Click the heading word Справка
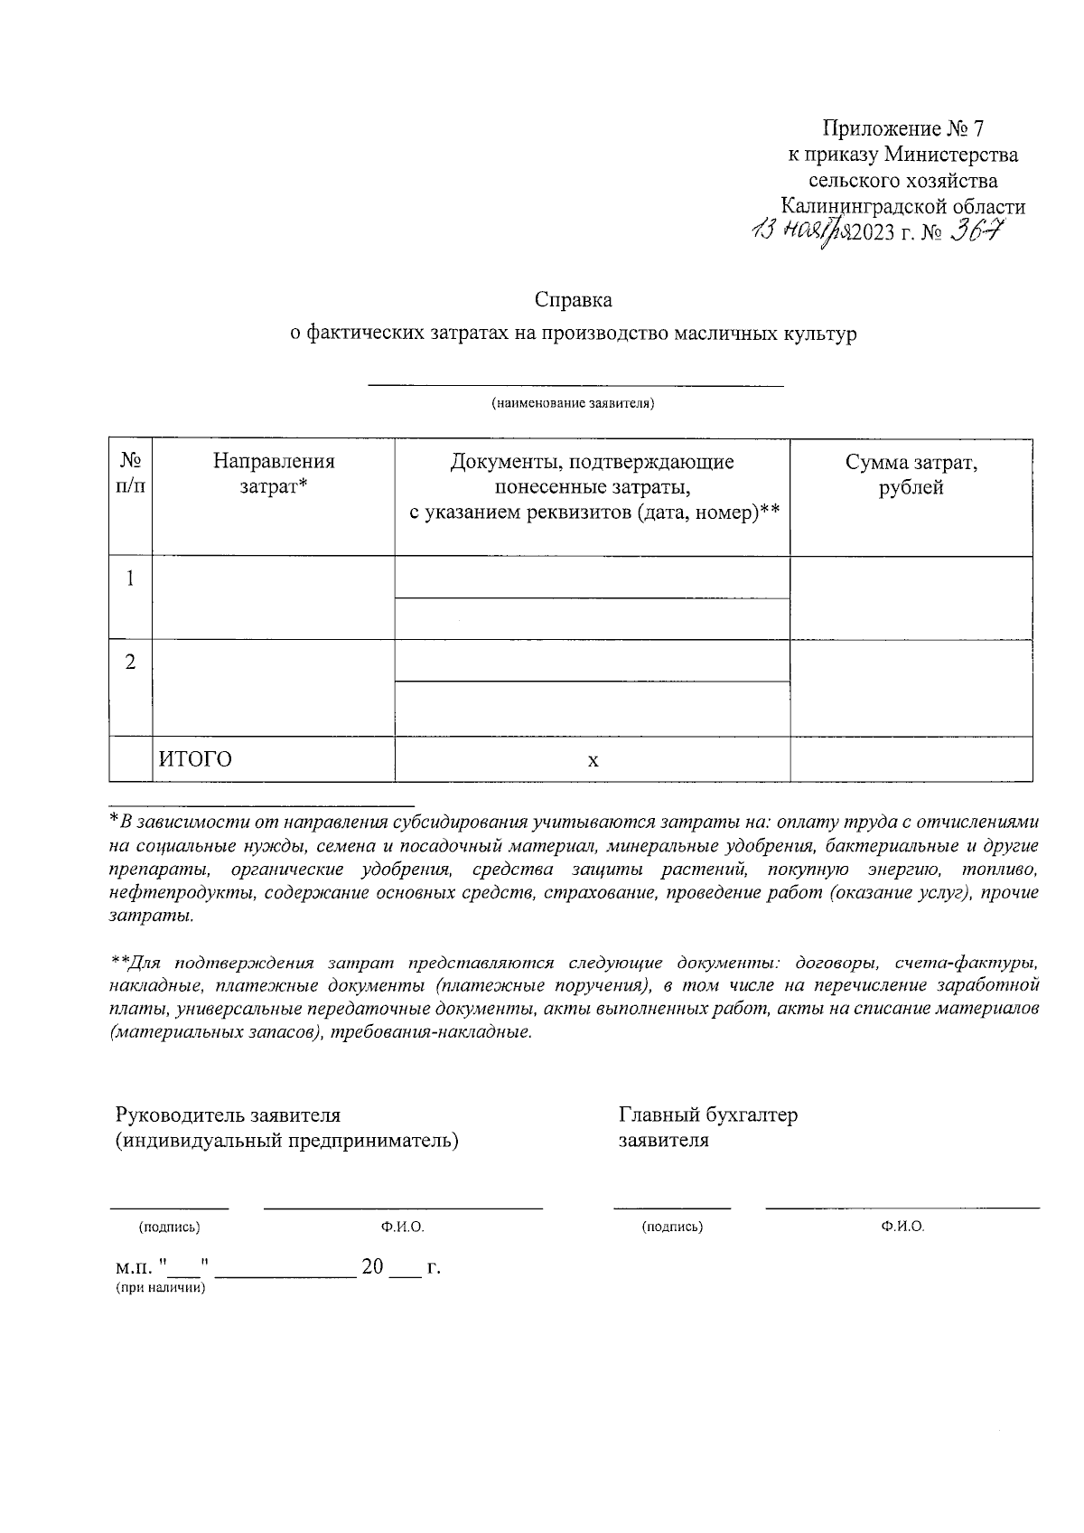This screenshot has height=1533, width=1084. pos(573,299)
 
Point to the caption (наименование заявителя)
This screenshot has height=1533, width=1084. pos(573,403)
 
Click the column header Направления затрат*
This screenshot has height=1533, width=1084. pos(274,475)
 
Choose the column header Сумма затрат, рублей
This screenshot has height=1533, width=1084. pos(911,475)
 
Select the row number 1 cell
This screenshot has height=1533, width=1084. pos(131,578)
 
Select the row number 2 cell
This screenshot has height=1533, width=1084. pos(131,662)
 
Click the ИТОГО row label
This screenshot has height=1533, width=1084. pos(196,759)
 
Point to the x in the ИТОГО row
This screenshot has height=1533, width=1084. pos(593,761)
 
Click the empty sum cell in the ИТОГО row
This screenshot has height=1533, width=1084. pos(911,759)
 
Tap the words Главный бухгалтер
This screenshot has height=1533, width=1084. pos(707,1114)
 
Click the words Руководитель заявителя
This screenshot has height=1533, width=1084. pos(228,1114)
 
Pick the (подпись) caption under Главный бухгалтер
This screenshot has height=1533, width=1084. pos(671,1227)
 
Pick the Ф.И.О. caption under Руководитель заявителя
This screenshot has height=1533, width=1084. pos(402,1227)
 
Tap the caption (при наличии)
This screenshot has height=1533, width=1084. pos(160,1288)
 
